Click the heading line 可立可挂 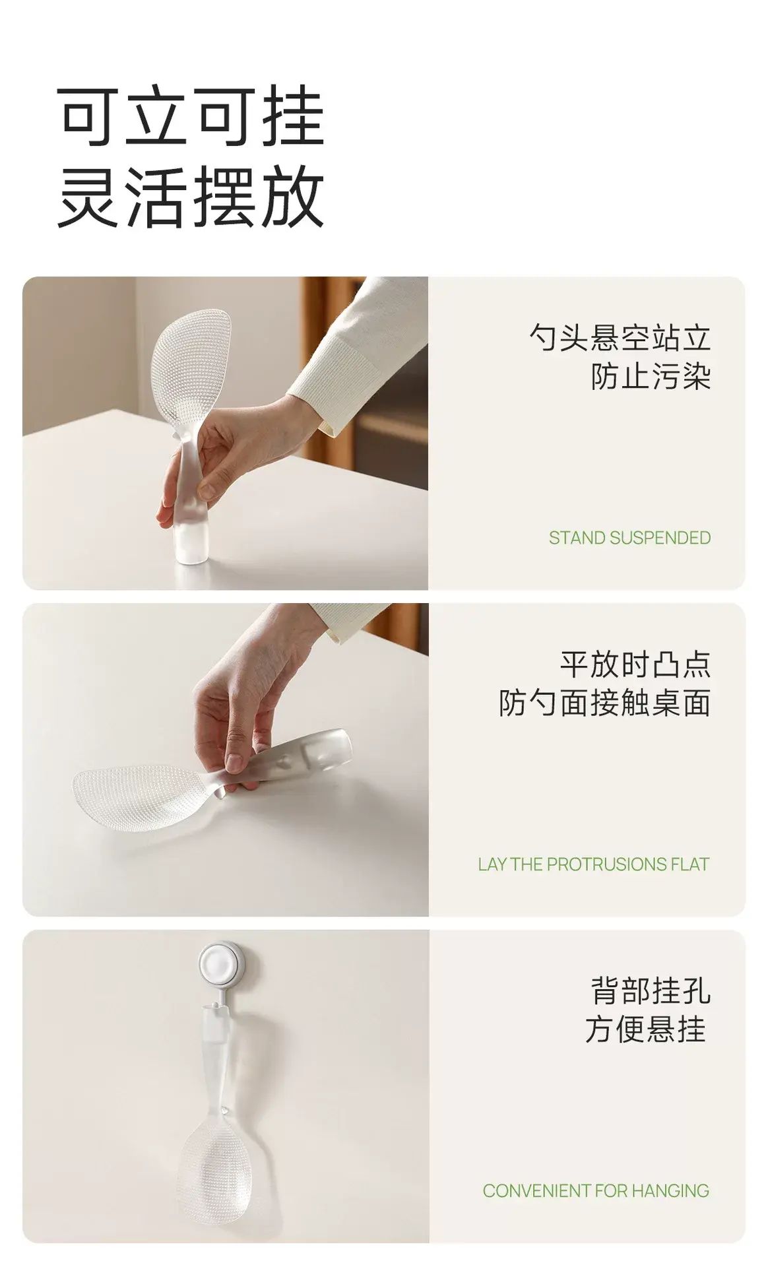tap(191, 117)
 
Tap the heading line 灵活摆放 tap(191, 197)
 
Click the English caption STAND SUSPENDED tap(629, 538)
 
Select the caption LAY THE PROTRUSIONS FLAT tap(594, 864)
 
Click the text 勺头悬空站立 tap(620, 338)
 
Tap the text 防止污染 tap(651, 377)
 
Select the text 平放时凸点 tap(635, 664)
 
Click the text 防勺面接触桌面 tap(604, 703)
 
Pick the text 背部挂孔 tap(651, 991)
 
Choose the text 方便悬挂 tap(646, 1029)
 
